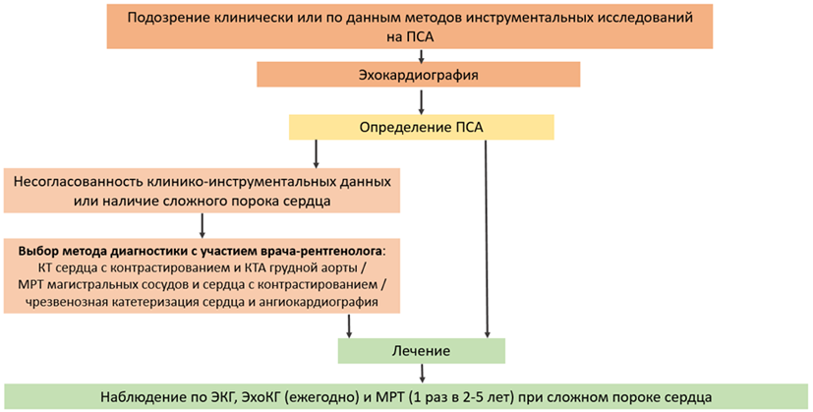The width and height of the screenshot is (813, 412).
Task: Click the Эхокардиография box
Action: [419, 75]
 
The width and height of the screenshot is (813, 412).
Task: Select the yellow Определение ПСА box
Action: [421, 127]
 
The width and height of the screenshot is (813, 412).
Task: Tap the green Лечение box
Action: [421, 351]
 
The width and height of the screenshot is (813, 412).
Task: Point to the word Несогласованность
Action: [79, 182]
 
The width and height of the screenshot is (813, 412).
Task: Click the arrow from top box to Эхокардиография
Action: [421, 55]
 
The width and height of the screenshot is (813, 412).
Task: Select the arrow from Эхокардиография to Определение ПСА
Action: [421, 101]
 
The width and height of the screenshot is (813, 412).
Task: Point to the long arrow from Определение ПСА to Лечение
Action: [487, 239]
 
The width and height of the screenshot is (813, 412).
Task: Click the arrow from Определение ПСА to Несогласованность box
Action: [316, 153]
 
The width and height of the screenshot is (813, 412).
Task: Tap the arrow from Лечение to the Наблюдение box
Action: [422, 373]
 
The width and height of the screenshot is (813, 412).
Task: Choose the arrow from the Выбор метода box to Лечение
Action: [349, 325]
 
